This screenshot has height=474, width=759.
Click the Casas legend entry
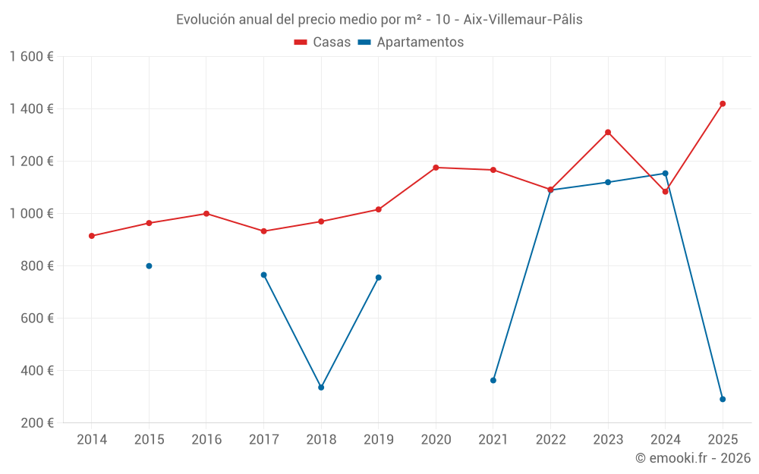coord(323,42)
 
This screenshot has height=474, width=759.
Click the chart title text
coord(379,20)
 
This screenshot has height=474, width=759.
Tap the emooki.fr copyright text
coord(692,458)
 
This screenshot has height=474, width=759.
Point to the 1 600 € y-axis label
coord(31,57)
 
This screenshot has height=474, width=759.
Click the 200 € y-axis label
coord(36,423)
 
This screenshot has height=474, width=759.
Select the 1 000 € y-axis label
coord(31,214)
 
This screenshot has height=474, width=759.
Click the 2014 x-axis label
coord(92,440)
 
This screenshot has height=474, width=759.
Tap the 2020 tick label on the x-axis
coord(436,440)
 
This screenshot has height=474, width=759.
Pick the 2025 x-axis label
coord(723,440)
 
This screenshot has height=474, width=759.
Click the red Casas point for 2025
coord(723,104)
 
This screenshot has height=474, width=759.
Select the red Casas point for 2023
coord(608,133)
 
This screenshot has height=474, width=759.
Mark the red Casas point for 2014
coord(92,236)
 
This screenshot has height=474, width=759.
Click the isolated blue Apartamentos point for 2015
coord(149,266)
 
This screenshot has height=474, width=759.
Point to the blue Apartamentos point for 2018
coord(321,388)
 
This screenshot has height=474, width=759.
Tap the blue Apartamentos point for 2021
coord(493,381)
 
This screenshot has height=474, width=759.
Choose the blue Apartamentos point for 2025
coord(723,400)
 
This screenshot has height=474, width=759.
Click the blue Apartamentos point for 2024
coord(666,174)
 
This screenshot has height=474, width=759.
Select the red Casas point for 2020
coord(436,168)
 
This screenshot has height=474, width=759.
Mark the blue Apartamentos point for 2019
coord(379,278)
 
